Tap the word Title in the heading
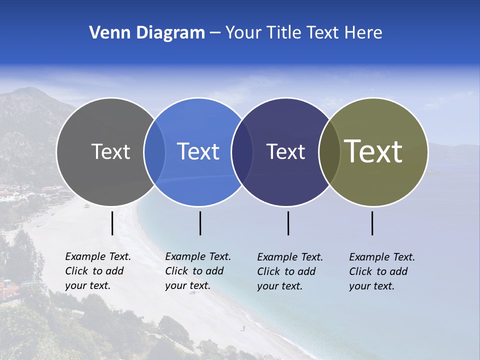[x=283, y=33]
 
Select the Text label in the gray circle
[x=110, y=151]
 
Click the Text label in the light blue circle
[x=198, y=151]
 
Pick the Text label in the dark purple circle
[x=285, y=151]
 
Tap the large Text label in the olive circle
[x=373, y=151]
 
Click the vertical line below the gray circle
[x=112, y=223]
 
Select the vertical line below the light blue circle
[x=200, y=223]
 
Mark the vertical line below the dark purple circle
[x=288, y=223]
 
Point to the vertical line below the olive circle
[x=372, y=223]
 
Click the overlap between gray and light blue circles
[x=154, y=151]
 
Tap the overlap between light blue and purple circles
[x=242, y=151]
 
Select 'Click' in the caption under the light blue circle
[x=176, y=271]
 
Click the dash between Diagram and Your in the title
[x=215, y=33]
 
